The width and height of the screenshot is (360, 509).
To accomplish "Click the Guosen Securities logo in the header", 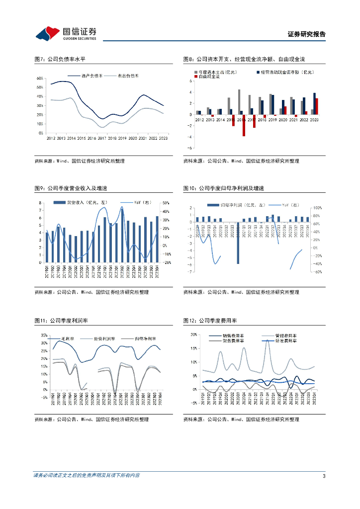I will click(x=66, y=33).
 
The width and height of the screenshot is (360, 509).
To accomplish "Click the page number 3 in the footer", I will click(x=324, y=476).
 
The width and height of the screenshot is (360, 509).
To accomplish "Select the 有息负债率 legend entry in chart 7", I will click(x=128, y=76).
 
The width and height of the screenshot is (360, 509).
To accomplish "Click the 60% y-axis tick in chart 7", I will click(x=40, y=79).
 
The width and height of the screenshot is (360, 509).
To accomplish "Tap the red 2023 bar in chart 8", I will click(x=317, y=106).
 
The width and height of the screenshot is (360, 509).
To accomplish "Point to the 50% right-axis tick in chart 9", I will click(x=166, y=203).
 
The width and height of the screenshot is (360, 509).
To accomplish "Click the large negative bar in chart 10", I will click(x=238, y=243).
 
